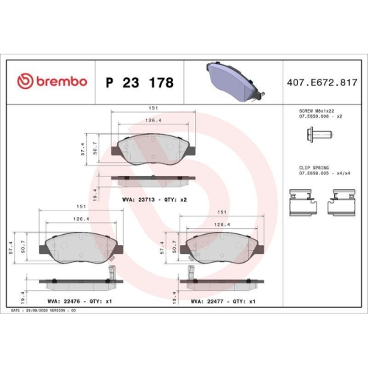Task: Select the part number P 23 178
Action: (x=140, y=82)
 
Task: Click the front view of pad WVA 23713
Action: (x=154, y=150)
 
